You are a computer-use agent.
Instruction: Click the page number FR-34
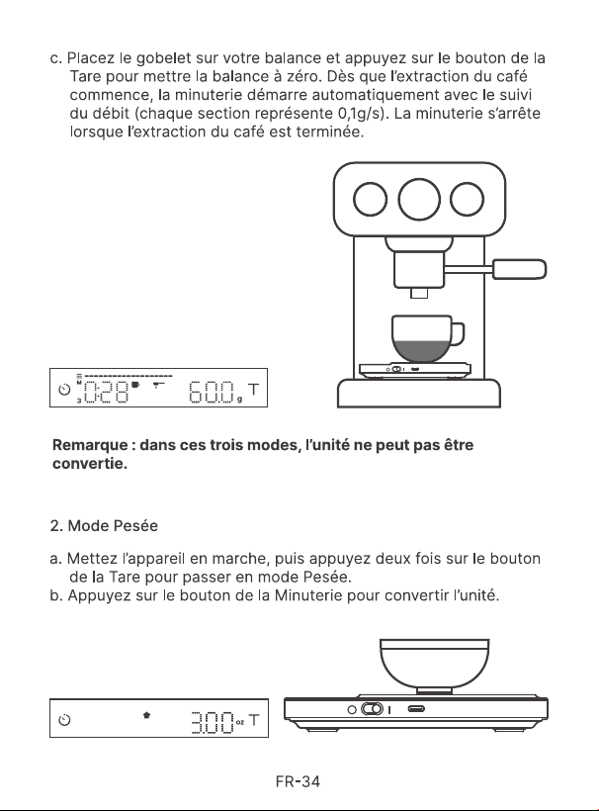pyautogui.click(x=299, y=781)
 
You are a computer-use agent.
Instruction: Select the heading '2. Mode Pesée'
pyautogui.click(x=104, y=526)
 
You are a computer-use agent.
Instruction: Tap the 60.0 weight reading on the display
pyautogui.click(x=212, y=393)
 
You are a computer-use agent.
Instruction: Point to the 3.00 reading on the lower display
pyautogui.click(x=213, y=722)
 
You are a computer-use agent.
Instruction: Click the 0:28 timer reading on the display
pyautogui.click(x=106, y=393)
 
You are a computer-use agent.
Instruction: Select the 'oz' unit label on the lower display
pyautogui.click(x=240, y=722)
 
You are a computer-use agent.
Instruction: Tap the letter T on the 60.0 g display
pyautogui.click(x=253, y=390)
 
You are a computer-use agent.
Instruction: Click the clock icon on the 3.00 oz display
pyautogui.click(x=64, y=720)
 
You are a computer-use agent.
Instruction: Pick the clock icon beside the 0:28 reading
pyautogui.click(x=64, y=390)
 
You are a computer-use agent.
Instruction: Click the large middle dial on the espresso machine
pyautogui.click(x=419, y=200)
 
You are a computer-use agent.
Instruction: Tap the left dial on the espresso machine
pyautogui.click(x=371, y=200)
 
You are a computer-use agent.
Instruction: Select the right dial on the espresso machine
pyautogui.click(x=468, y=200)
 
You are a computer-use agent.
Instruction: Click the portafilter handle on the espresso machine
pyautogui.click(x=519, y=269)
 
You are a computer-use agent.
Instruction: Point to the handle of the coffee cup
pyautogui.click(x=458, y=334)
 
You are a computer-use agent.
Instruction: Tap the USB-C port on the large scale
pyautogui.click(x=416, y=708)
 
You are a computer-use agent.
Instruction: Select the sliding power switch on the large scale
pyautogui.click(x=372, y=708)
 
